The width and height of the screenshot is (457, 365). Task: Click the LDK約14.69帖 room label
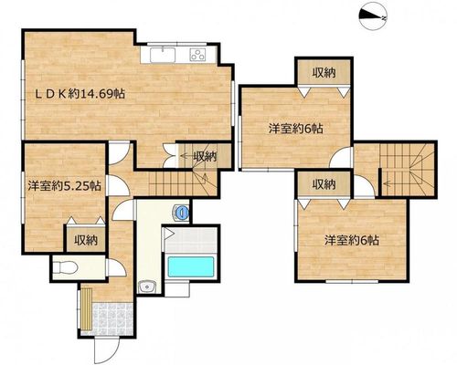[80, 94]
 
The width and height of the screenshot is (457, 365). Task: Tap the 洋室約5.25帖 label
[64, 185]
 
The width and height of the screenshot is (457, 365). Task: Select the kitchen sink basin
[163, 55]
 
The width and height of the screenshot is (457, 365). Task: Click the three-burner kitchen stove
[197, 55]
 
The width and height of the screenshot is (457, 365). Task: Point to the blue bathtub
[191, 266]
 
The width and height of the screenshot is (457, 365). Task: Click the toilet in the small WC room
[66, 268]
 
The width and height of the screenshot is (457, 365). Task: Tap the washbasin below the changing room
[147, 287]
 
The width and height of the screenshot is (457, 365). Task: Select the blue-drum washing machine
[182, 212]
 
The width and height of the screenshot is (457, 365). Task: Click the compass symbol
[373, 17]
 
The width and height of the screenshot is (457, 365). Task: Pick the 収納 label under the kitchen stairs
[205, 156]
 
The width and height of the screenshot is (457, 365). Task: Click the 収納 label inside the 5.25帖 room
[86, 240]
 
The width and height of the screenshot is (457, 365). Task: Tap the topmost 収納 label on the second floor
[324, 73]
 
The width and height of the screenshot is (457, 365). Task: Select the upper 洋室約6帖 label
[295, 129]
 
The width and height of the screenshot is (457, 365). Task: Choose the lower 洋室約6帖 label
[352, 241]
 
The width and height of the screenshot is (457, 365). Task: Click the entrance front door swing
[106, 349]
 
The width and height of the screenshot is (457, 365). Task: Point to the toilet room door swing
[117, 267]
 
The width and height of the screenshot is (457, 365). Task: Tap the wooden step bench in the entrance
[86, 308]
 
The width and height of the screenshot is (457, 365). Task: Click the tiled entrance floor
[112, 319]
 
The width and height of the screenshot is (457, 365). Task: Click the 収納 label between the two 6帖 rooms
[324, 184]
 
